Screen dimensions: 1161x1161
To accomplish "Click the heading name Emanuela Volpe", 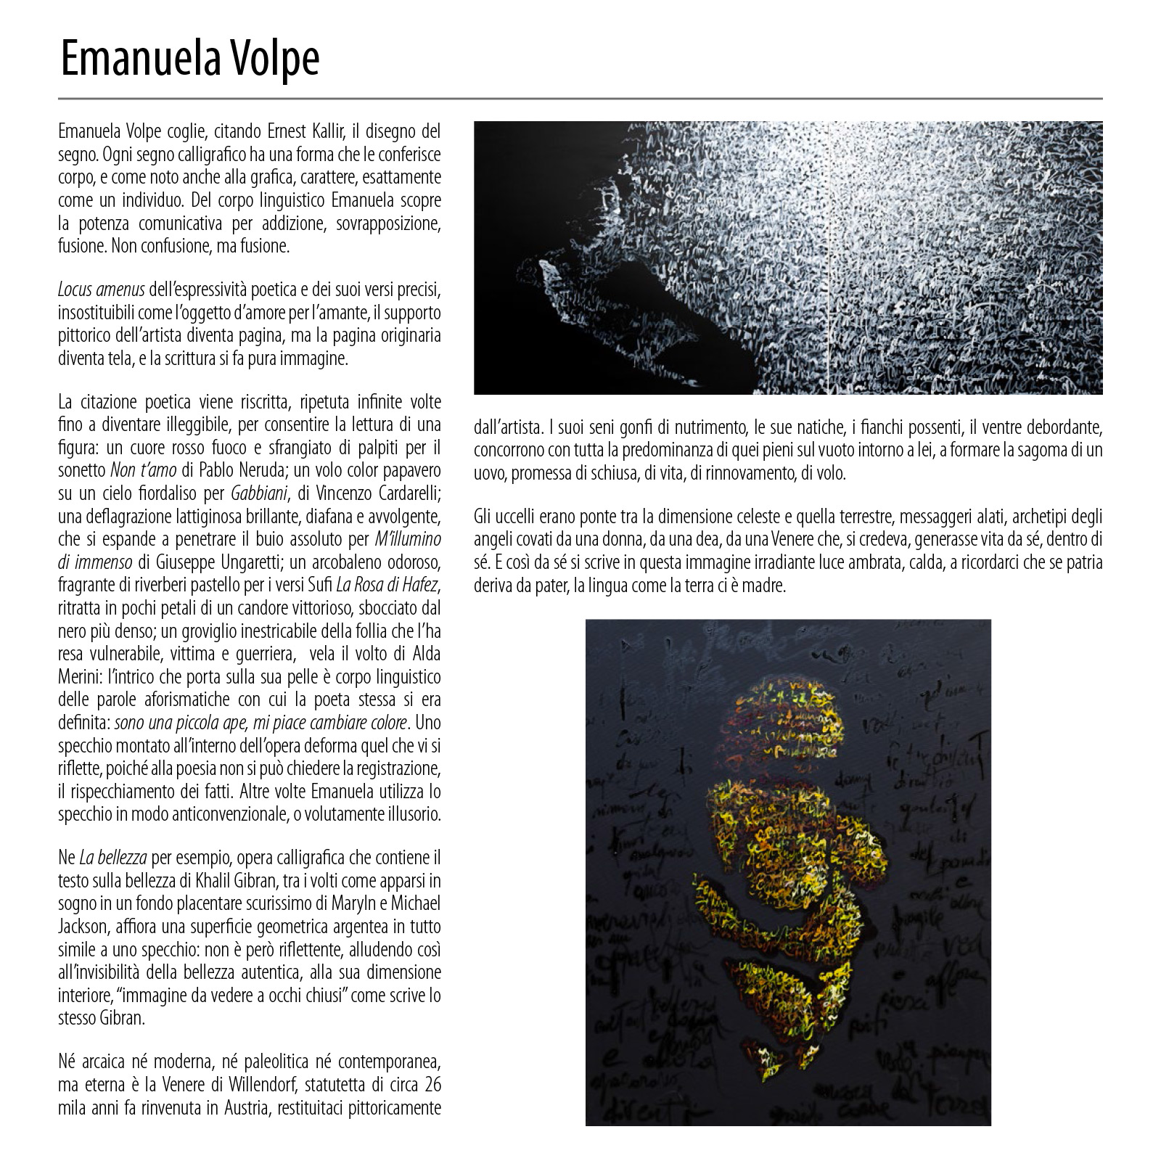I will (189, 59).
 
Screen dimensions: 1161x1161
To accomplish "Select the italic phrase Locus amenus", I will (101, 290).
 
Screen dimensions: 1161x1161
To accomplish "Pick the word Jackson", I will (81, 927).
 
